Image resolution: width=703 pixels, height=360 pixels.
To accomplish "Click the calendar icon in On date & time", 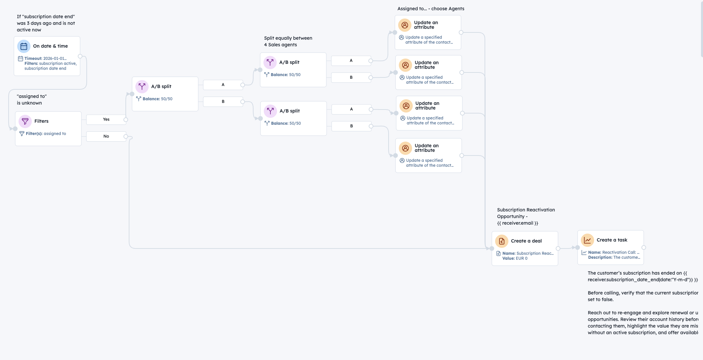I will click(x=24, y=46).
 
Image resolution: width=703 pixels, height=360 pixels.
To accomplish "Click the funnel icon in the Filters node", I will click(x=25, y=121).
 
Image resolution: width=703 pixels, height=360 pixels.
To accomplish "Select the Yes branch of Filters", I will click(x=106, y=119).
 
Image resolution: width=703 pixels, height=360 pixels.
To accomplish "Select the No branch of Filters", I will click(x=106, y=136).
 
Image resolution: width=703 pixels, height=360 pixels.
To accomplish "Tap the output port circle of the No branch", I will click(x=126, y=136).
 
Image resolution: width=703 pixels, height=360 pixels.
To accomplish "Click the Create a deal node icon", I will click(x=502, y=241).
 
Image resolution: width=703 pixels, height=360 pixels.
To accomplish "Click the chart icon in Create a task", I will click(x=587, y=240).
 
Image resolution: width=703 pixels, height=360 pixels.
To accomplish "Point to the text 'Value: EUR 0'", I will click(x=515, y=258).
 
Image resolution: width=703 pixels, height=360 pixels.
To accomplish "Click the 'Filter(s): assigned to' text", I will click(x=46, y=134).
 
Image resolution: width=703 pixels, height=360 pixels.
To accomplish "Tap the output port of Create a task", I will click(x=644, y=247).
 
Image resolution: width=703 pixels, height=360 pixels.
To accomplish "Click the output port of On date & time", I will click(x=80, y=56).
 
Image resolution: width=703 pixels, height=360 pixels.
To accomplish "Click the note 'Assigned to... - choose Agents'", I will click(x=431, y=9).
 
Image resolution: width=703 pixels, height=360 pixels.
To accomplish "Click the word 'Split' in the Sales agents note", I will click(x=269, y=38).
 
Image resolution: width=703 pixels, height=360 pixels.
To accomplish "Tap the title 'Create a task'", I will click(x=612, y=240).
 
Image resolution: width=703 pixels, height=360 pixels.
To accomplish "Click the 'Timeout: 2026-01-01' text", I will click(x=45, y=59).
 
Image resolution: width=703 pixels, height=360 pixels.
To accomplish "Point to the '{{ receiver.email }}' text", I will click(x=517, y=223).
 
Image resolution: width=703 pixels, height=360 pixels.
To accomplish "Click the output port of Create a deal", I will click(x=558, y=248).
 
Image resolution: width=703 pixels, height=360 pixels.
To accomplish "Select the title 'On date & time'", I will click(x=50, y=46).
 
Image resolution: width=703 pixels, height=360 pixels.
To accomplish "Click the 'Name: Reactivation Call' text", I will click(x=613, y=252).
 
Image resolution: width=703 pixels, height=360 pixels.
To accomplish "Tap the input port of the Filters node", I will click(x=15, y=129).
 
